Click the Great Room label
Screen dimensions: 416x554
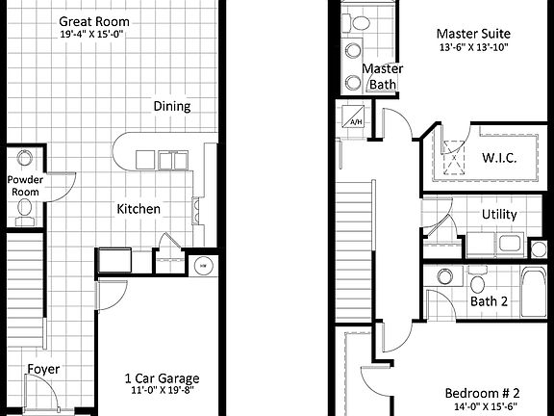93,21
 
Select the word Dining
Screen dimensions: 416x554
171,107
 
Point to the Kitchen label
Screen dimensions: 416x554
138,209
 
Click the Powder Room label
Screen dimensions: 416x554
24,186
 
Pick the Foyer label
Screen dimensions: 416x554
41,369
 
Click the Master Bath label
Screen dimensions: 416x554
383,77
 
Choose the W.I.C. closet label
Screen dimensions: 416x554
499,157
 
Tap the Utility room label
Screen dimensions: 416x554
499,214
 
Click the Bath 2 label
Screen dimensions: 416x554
489,301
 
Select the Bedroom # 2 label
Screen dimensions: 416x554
482,393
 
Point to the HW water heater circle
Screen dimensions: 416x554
203,265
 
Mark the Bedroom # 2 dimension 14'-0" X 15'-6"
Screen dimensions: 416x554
482,408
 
